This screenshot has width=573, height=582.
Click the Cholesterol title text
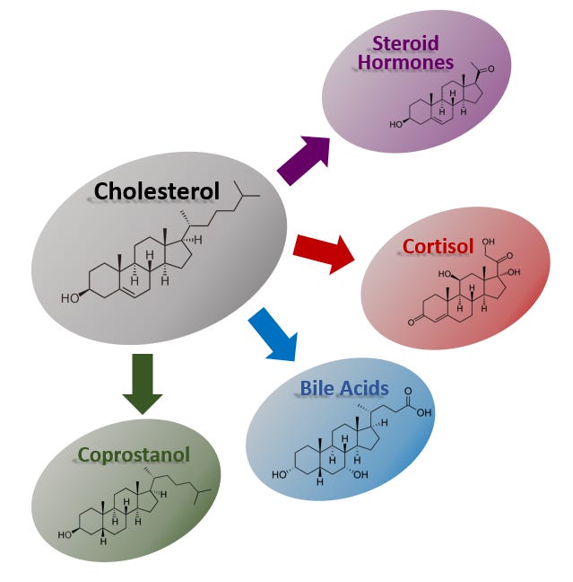tap(156, 191)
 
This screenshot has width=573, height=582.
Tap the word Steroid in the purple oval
tap(406, 43)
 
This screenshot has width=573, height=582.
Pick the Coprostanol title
tap(134, 454)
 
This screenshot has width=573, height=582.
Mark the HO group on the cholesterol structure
tap(70, 297)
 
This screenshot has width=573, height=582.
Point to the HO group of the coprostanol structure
tap(65, 534)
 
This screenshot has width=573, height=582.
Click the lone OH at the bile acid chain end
tap(423, 414)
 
